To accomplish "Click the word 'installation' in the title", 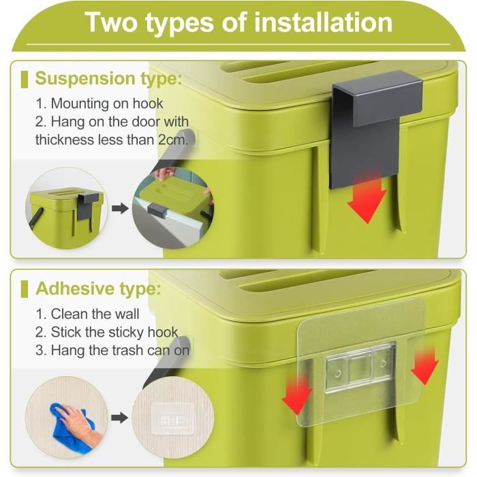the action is click(x=323, y=22).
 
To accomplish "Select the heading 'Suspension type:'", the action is click(x=108, y=79).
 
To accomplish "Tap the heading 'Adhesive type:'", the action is click(x=98, y=288).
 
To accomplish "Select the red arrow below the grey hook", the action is click(x=367, y=198).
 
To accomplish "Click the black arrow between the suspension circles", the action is click(x=120, y=209).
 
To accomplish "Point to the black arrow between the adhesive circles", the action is click(x=119, y=418).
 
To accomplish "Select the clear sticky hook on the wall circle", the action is click(x=173, y=418).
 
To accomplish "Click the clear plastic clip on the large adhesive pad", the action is click(x=360, y=367).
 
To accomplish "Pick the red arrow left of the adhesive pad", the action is click(x=297, y=395).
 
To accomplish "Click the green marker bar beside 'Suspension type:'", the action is click(x=25, y=80).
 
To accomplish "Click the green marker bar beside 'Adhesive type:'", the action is click(x=25, y=289).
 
